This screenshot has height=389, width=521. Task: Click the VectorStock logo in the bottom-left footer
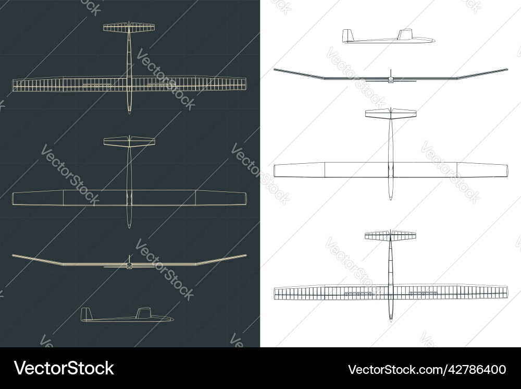[x=64, y=368]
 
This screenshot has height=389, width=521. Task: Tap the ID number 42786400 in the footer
[x=476, y=370]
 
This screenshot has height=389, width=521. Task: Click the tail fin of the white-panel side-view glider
[x=347, y=35]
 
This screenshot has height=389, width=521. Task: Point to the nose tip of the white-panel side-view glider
[x=435, y=40]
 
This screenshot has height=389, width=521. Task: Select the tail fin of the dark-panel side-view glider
[x=86, y=314]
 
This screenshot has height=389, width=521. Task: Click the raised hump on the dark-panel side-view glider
[x=144, y=312]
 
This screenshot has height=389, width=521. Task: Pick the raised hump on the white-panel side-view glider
[x=405, y=34]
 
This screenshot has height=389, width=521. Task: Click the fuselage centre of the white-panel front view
[x=391, y=80]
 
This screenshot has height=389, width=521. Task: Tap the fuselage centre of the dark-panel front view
[x=129, y=265]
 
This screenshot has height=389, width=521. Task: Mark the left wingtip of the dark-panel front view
[x=13, y=256]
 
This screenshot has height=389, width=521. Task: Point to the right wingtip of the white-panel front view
[x=507, y=69]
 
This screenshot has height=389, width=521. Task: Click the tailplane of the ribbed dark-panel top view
[x=129, y=27]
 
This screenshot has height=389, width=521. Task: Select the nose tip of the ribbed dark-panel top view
[x=130, y=113]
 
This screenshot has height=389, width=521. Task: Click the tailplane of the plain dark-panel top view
[x=129, y=141]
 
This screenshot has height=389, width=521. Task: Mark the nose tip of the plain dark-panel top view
[x=130, y=228]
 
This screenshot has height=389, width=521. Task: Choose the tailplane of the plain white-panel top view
[x=391, y=113]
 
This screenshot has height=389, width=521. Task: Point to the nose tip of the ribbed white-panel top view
[x=391, y=322]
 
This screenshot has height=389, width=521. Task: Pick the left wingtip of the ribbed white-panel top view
[x=275, y=293]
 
